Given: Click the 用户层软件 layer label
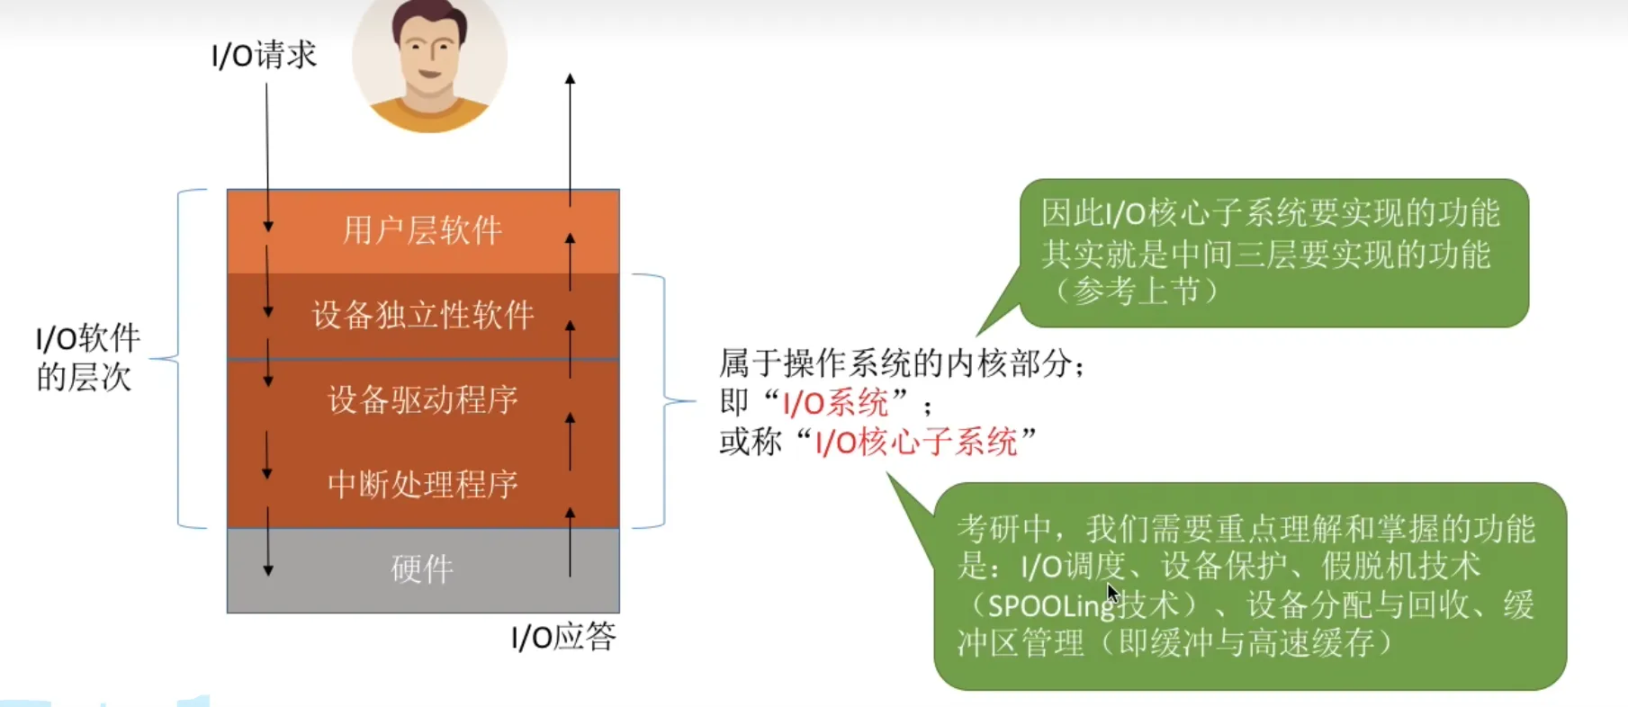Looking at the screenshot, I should [422, 231].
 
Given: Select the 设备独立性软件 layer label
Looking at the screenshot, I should [423, 316].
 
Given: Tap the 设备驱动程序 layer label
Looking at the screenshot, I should [423, 399].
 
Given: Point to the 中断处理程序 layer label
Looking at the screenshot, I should [423, 485].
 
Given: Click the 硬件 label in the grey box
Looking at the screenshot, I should [422, 568].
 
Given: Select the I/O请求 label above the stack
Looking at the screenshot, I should [264, 56].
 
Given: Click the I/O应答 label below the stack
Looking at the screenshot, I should [563, 637].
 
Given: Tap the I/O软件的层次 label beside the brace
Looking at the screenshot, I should [87, 358].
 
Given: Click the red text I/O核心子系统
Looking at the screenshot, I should [916, 443].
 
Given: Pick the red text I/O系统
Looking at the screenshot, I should [835, 402].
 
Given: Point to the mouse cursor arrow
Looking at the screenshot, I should [1112, 594].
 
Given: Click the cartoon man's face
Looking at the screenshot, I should [430, 49].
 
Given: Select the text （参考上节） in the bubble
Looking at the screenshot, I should [1137, 291].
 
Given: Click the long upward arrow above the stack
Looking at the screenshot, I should [570, 135].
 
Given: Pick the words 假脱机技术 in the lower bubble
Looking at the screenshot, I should [1400, 567].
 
